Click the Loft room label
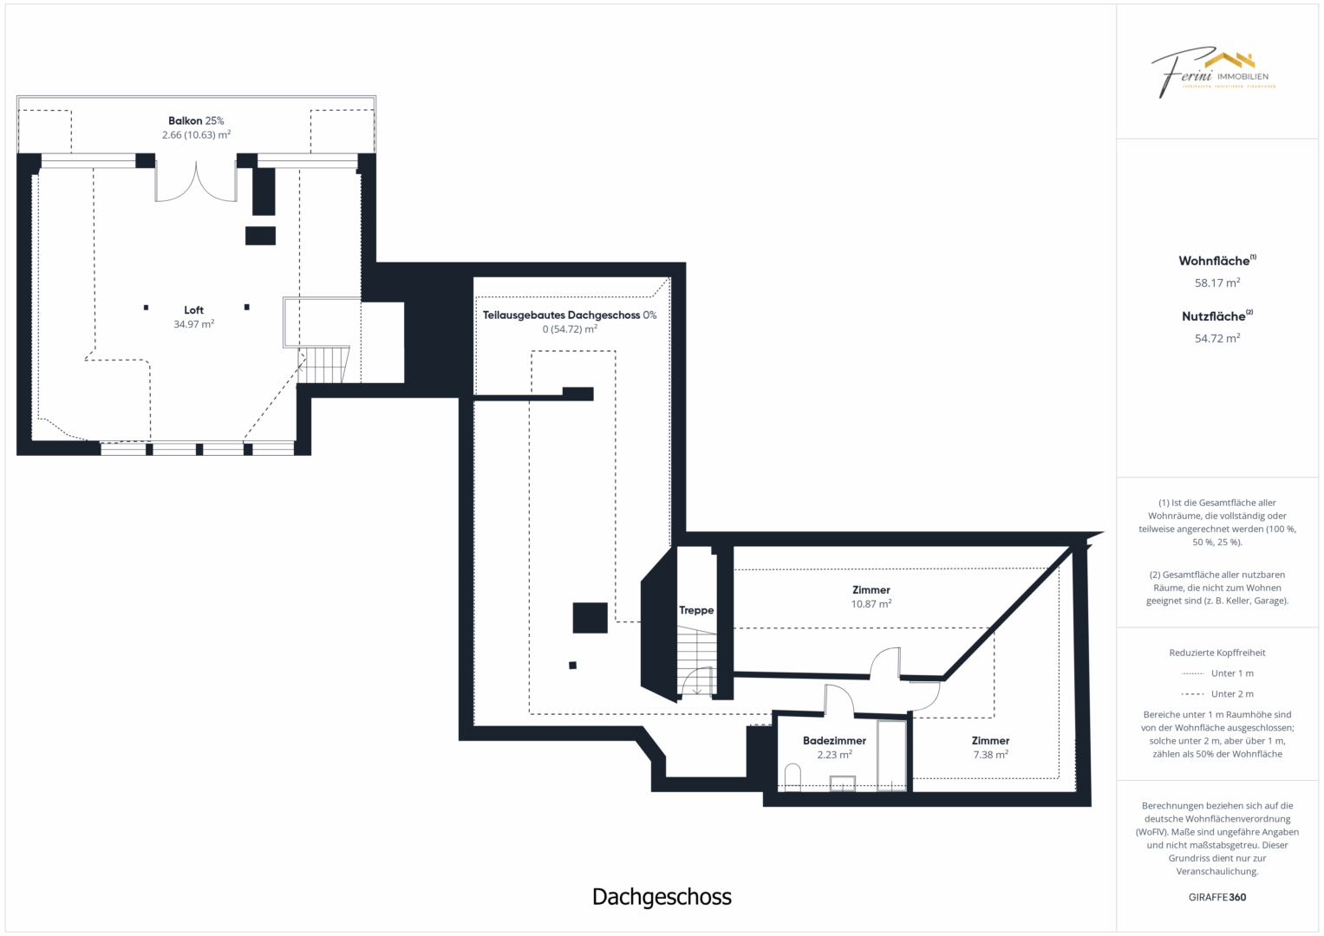193,310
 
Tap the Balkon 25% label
196,121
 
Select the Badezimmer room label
834,741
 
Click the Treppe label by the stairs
696,610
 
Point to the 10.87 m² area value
871,604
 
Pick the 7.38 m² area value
990,755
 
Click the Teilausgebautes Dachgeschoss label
569,315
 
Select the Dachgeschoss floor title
662,897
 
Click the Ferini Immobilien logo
1214,72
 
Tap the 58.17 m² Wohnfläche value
1217,283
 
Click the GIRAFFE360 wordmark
1217,897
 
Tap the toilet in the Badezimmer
792,777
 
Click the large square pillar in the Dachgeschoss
590,618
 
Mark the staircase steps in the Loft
323,365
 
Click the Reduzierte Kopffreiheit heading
1217,653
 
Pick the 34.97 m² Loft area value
193,324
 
